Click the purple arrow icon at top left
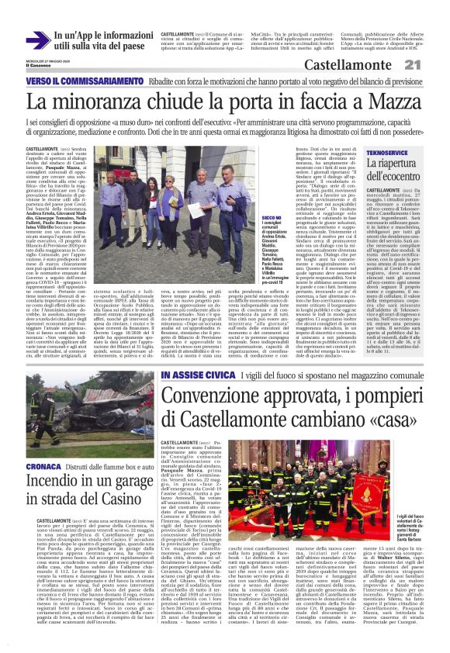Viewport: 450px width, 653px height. pyautogui.click(x=37, y=39)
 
